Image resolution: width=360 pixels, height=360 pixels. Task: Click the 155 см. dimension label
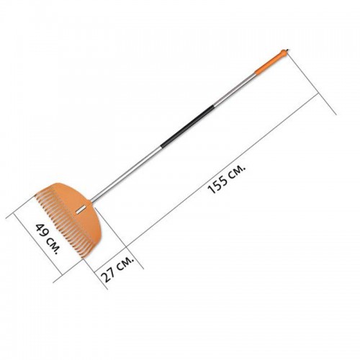(227, 179)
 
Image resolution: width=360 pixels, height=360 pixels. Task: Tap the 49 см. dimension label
(47, 239)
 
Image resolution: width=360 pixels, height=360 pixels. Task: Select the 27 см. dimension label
(117, 269)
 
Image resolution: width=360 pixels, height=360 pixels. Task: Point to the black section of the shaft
(187, 126)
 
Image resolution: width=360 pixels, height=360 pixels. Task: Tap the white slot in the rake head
(79, 210)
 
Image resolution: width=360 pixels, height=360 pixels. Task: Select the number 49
(41, 230)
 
